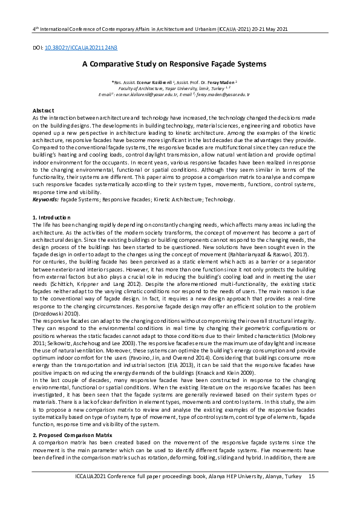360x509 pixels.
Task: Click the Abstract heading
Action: click(x=42, y=111)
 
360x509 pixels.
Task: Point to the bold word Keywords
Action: click(x=45, y=199)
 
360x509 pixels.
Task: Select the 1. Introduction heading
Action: click(x=51, y=217)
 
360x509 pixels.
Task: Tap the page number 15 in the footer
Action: click(x=312, y=494)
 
